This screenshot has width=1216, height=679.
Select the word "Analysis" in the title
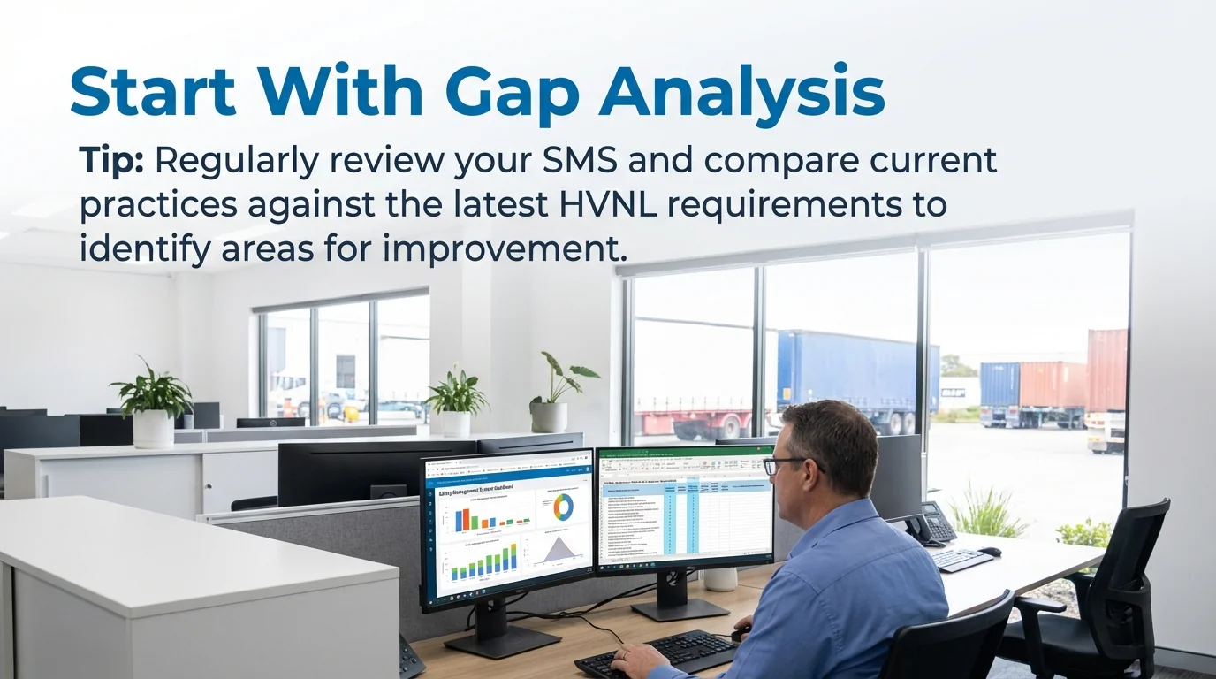[742, 92]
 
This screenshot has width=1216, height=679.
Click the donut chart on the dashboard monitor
[562, 507]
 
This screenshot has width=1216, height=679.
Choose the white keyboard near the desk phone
[961, 560]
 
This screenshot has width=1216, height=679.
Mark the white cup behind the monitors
[720, 578]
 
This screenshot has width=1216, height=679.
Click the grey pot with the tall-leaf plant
[549, 416]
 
